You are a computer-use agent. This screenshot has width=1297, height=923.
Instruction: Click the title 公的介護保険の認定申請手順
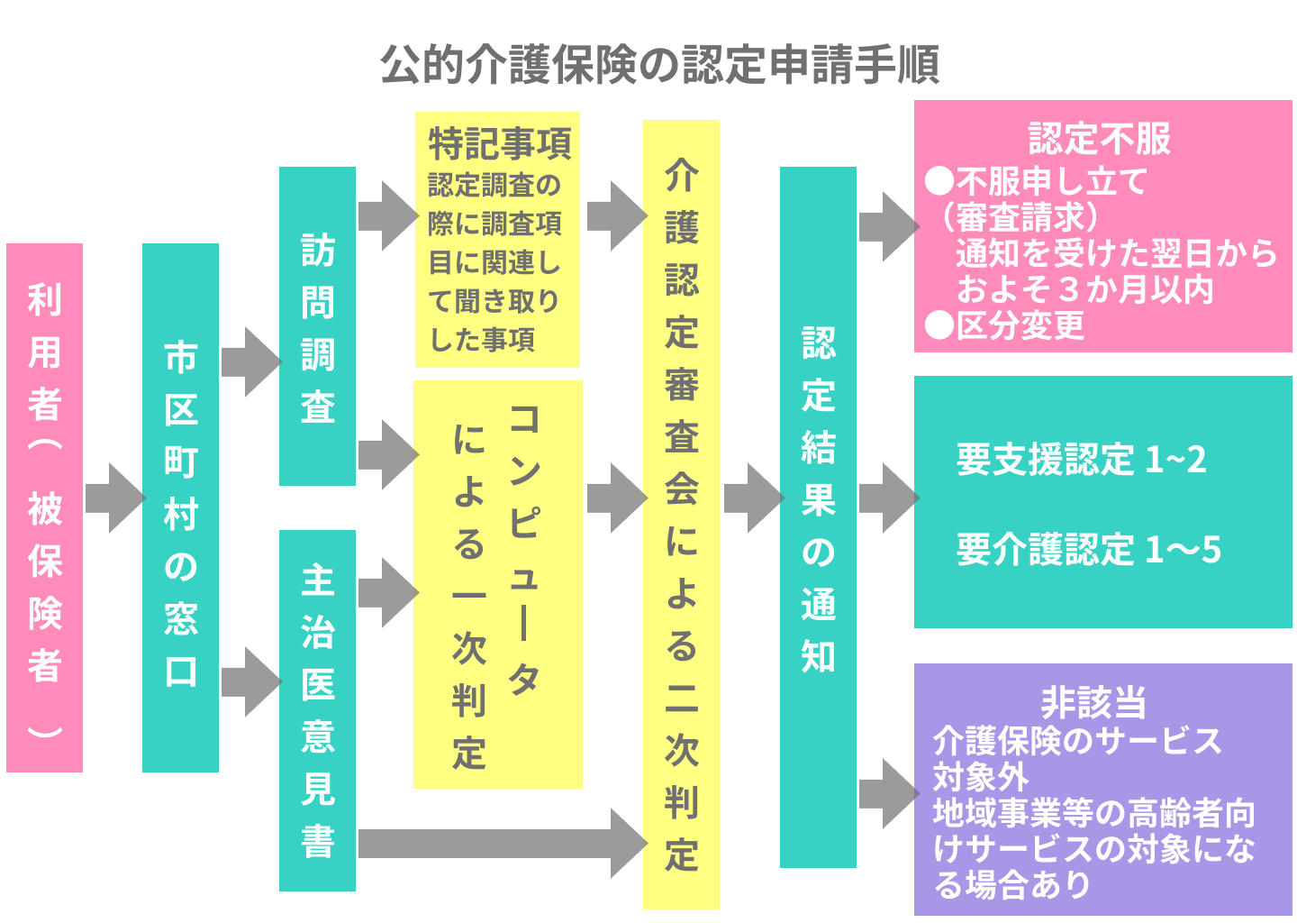(x=659, y=65)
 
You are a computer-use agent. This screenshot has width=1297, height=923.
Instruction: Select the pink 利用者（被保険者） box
(x=44, y=507)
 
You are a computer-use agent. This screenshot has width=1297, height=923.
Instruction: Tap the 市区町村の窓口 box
(x=180, y=507)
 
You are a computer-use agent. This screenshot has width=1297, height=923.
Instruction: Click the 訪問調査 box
(x=317, y=326)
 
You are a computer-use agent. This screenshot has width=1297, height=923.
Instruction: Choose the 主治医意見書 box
(x=317, y=710)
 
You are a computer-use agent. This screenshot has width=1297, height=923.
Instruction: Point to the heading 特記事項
(x=499, y=143)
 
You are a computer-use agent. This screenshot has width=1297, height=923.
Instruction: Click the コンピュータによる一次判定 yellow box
(x=497, y=584)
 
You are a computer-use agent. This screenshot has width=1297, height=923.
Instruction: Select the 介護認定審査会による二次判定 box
(x=681, y=514)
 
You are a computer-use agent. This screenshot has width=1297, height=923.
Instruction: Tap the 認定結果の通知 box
(x=818, y=516)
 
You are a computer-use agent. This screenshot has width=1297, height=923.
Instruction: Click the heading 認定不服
(x=1100, y=139)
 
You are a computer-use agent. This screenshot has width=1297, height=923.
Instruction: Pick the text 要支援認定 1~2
(x=1080, y=460)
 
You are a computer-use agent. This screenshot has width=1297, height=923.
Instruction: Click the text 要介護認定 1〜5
(x=1088, y=549)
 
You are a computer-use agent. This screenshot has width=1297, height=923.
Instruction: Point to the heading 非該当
(x=1093, y=701)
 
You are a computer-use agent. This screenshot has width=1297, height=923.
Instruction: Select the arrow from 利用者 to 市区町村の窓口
(x=114, y=498)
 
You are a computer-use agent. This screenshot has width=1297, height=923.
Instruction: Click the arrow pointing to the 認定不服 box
(x=887, y=226)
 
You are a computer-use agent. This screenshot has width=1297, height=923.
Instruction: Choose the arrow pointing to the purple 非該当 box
(x=887, y=793)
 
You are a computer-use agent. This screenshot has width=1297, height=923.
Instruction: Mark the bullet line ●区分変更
(x=1005, y=325)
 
